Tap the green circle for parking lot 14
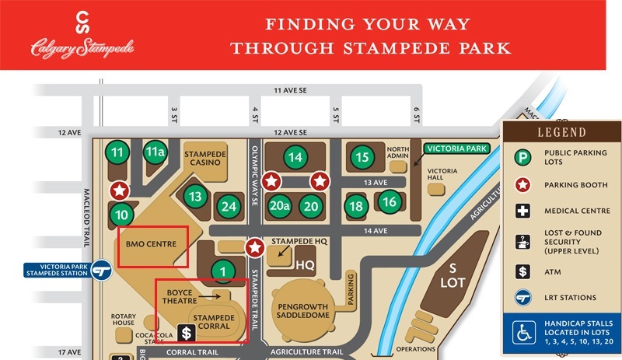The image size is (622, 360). [295, 157]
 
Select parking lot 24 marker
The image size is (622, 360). [228, 207]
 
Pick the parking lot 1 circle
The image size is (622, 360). [223, 271]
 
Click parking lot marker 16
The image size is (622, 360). [390, 202]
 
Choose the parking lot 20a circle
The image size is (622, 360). [279, 206]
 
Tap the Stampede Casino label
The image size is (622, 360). [204, 159]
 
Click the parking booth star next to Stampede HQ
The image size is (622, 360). [254, 248]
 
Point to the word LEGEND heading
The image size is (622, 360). [560, 132]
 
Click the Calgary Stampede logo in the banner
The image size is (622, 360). [82, 35]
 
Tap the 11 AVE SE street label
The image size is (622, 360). [292, 91]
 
